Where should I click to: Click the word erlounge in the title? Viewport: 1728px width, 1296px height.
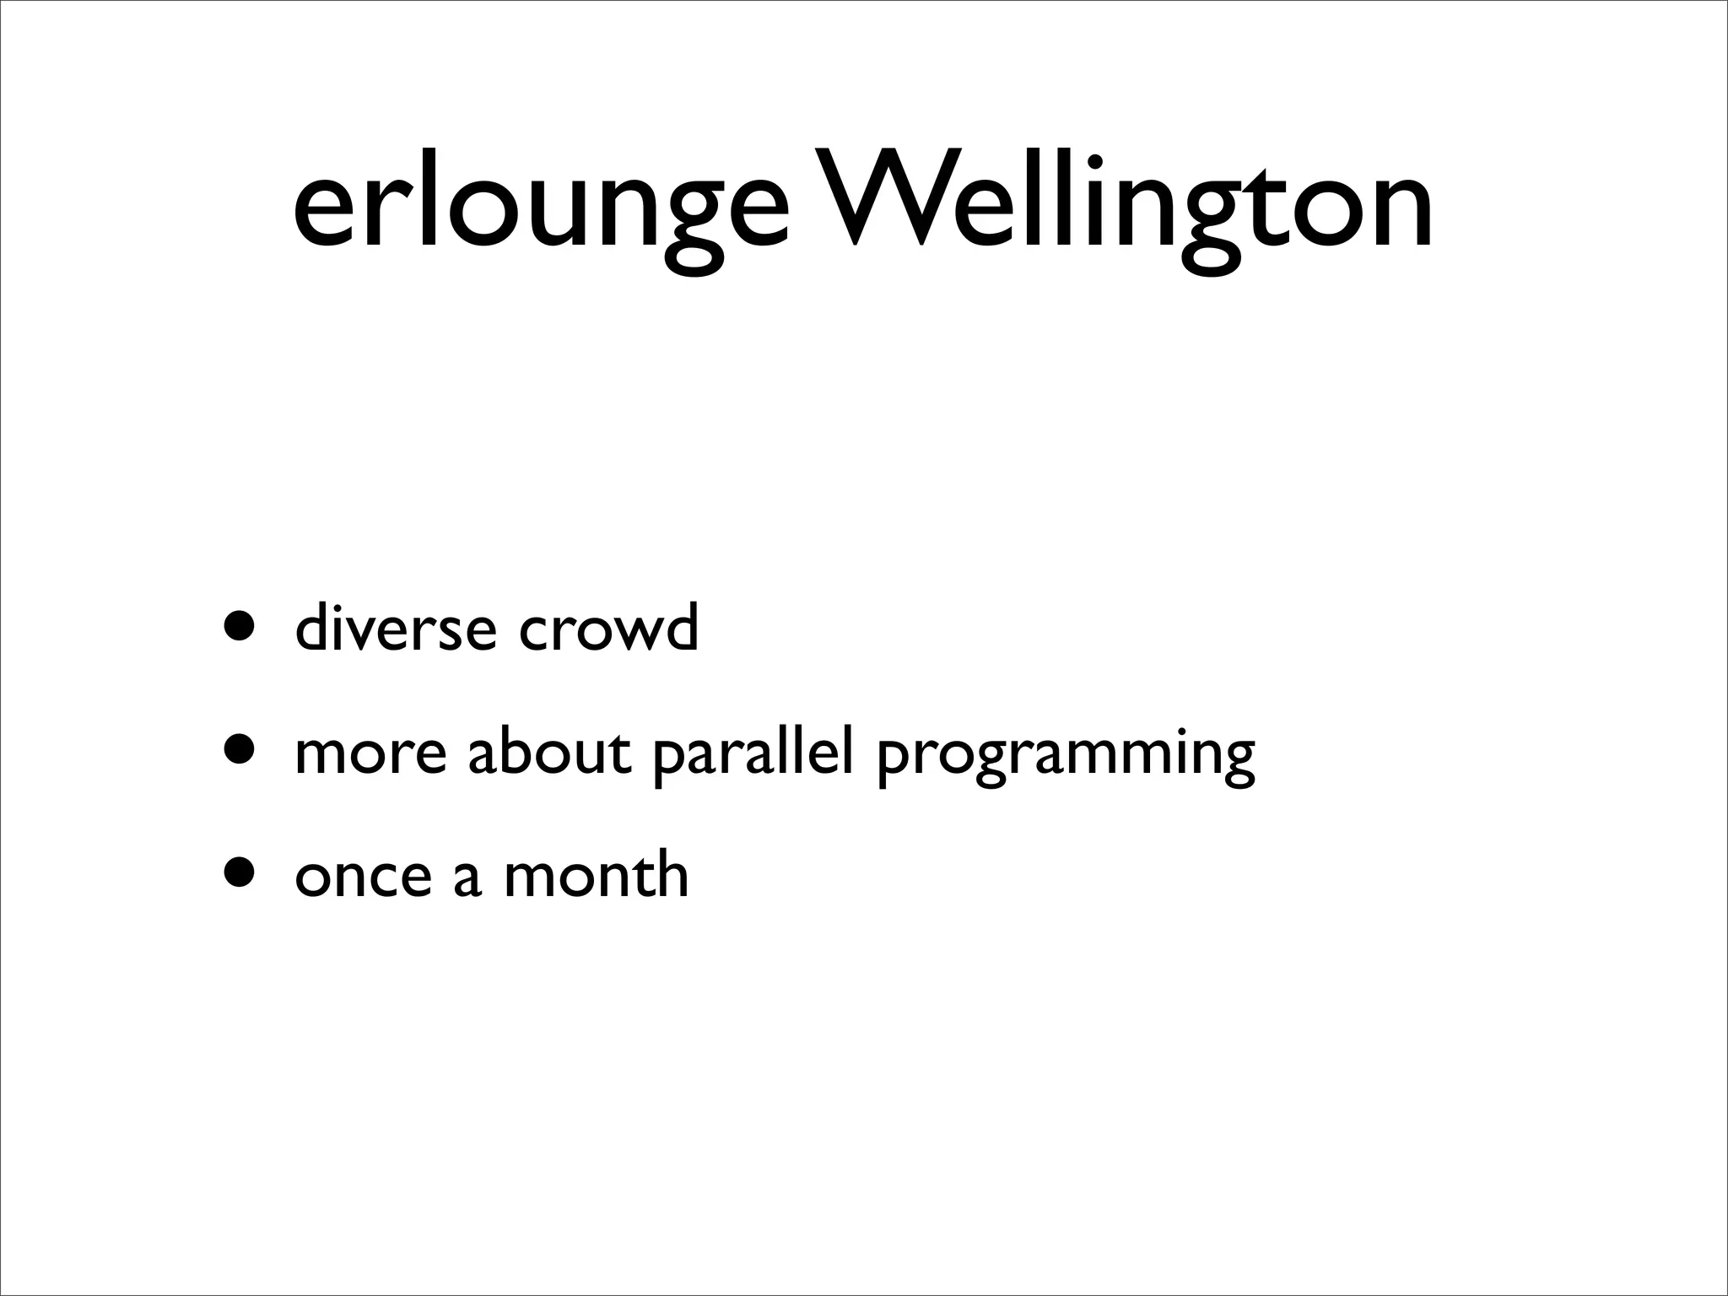pyautogui.click(x=540, y=211)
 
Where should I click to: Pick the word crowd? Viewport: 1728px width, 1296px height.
pyautogui.click(x=608, y=629)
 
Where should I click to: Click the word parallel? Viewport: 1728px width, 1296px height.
pyautogui.click(x=753, y=753)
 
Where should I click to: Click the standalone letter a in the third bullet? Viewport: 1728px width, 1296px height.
pyautogui.click(x=467, y=877)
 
